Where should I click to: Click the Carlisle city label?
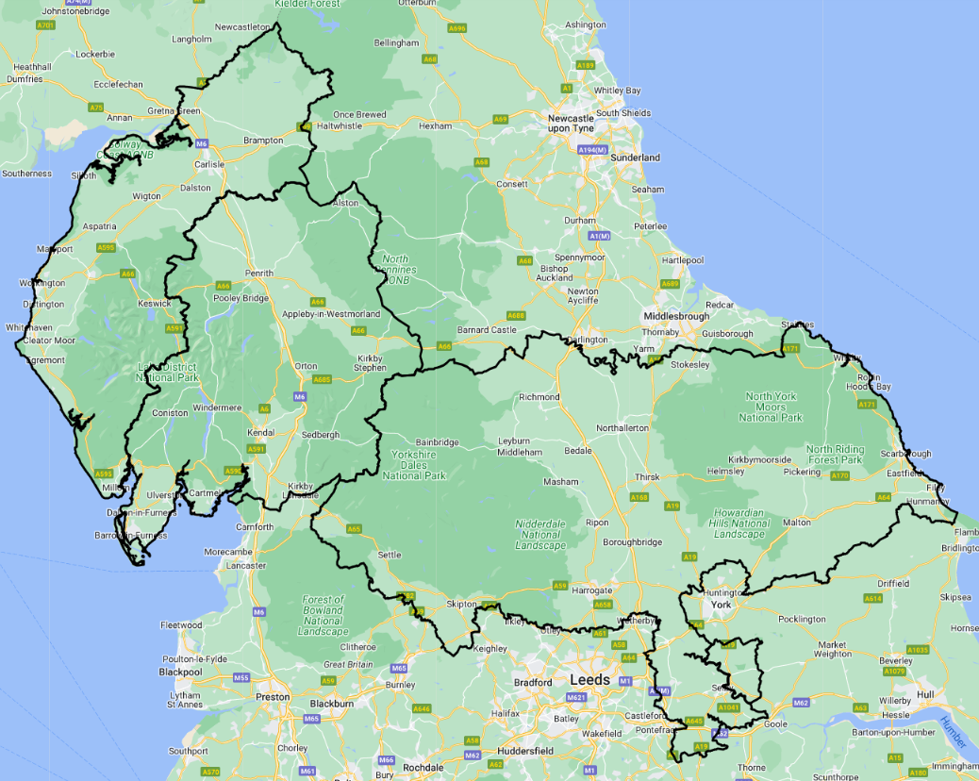tap(208, 164)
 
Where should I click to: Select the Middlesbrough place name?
tap(674, 316)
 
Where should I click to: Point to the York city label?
tap(721, 604)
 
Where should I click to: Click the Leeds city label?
tap(589, 679)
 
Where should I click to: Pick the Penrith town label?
tap(259, 273)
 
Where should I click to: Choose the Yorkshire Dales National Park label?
tap(414, 465)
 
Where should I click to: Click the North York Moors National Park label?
tap(772, 407)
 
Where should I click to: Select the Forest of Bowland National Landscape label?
tap(324, 615)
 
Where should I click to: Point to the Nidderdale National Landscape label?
tap(540, 535)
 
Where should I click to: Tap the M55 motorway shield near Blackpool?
tap(241, 677)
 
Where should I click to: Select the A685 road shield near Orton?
tap(322, 379)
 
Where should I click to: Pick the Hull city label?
tap(924, 694)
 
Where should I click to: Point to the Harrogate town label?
tap(593, 590)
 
